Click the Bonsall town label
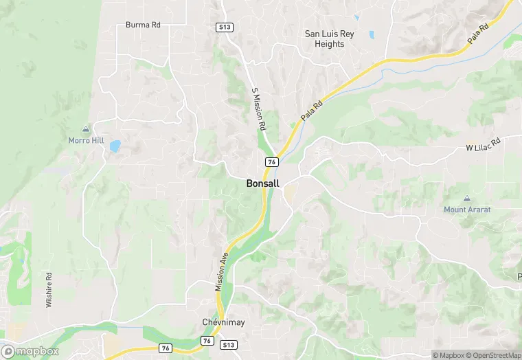point(262,184)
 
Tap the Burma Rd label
point(143,25)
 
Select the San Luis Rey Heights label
point(329,38)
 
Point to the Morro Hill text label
point(86,139)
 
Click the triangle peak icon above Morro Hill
point(86,128)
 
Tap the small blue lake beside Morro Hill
point(115,146)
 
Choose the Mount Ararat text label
point(467,210)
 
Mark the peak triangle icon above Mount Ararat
point(467,198)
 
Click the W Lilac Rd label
point(484,147)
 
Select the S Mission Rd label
point(258,110)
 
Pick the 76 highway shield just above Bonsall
point(272,162)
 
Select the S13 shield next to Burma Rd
point(224,27)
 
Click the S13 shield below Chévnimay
point(229,344)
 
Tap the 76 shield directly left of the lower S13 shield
point(207,341)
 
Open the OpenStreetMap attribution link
point(493,355)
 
